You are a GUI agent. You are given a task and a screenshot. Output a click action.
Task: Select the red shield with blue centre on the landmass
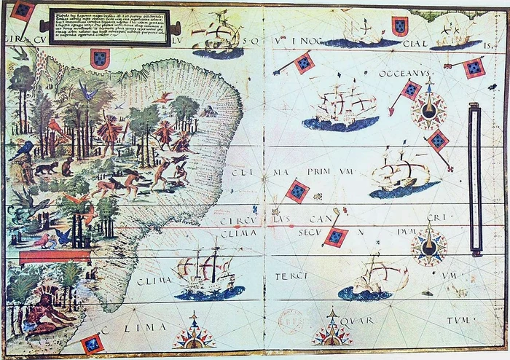[x=100, y=58]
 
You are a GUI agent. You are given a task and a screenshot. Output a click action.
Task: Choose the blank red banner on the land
[x=55, y=257]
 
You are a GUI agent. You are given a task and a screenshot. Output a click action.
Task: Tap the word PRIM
[x=319, y=173]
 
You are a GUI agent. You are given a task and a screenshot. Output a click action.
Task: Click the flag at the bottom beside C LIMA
[x=92, y=343]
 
